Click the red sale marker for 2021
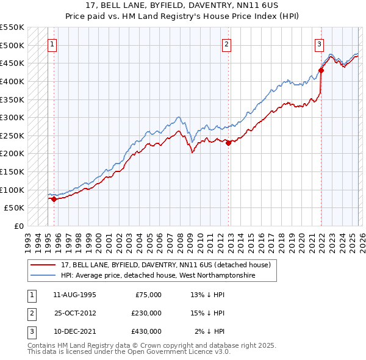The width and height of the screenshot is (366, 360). [321, 70]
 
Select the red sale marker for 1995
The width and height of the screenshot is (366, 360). [54, 198]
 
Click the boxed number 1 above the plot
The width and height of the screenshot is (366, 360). [52, 44]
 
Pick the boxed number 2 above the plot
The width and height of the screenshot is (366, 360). [226, 44]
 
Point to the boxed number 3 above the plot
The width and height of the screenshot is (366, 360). [319, 44]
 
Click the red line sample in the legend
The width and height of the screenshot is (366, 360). [43, 265]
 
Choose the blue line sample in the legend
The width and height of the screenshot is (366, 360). [43, 275]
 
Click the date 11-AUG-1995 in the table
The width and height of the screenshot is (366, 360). [74, 295]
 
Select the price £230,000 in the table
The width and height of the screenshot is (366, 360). [146, 313]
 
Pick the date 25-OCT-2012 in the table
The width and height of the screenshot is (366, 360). [74, 313]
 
